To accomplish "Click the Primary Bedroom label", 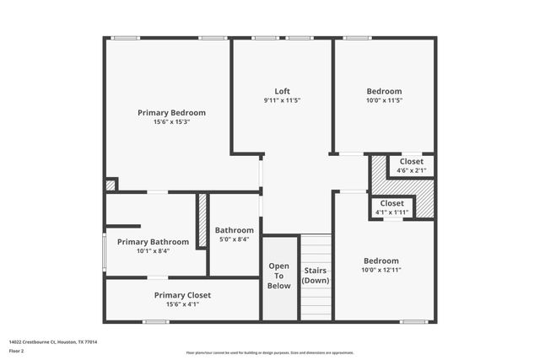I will pyautogui.click(x=171, y=112).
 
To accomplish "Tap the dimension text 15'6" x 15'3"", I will pyautogui.click(x=171, y=122).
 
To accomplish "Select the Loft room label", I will pyautogui.click(x=283, y=91).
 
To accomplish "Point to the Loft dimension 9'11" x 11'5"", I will pyautogui.click(x=283, y=100).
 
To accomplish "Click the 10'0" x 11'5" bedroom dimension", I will pyautogui.click(x=384, y=100).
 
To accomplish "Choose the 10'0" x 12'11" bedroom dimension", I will pyautogui.click(x=381, y=271).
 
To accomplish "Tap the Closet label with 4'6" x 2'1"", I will pyautogui.click(x=412, y=161).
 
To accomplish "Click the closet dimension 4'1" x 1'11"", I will pyautogui.click(x=391, y=212).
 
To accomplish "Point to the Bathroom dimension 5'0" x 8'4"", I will pyautogui.click(x=234, y=239).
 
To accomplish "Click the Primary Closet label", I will pyautogui.click(x=182, y=295).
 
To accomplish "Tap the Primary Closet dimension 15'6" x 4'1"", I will pyautogui.click(x=182, y=304).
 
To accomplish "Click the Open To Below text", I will pyautogui.click(x=279, y=276).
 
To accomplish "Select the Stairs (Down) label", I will pyautogui.click(x=316, y=275).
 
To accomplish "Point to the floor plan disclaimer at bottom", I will pyautogui.click(x=270, y=352).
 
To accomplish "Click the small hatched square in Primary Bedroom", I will pyautogui.click(x=111, y=185).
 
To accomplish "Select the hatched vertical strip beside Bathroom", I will pyautogui.click(x=202, y=221).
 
